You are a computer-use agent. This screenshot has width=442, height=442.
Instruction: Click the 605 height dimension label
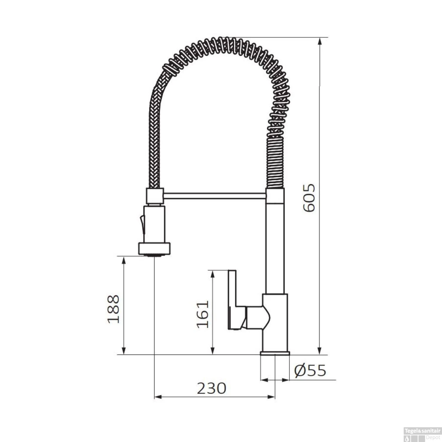309,198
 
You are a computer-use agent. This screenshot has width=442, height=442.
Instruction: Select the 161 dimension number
203,314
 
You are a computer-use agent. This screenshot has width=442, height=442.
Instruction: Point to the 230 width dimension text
211,388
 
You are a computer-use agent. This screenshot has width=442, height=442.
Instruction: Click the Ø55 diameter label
310,371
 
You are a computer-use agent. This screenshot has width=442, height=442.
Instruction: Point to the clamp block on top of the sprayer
154,196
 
